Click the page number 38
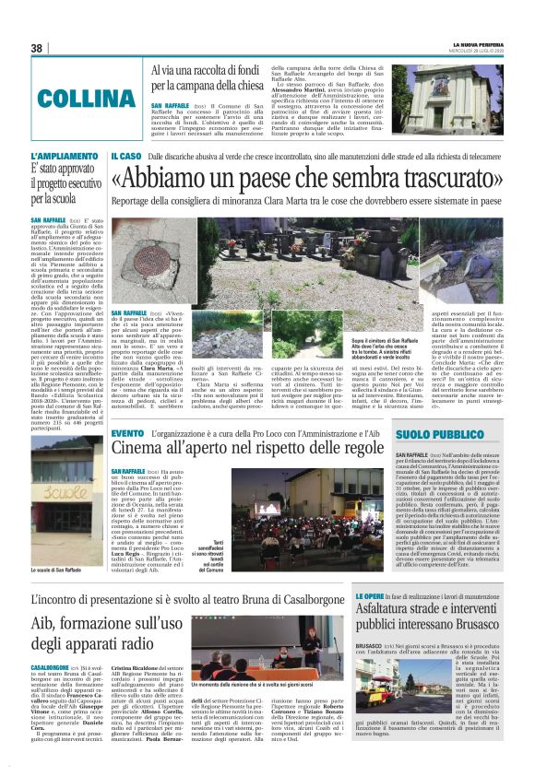pos(36,48)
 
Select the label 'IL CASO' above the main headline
pos(126,157)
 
